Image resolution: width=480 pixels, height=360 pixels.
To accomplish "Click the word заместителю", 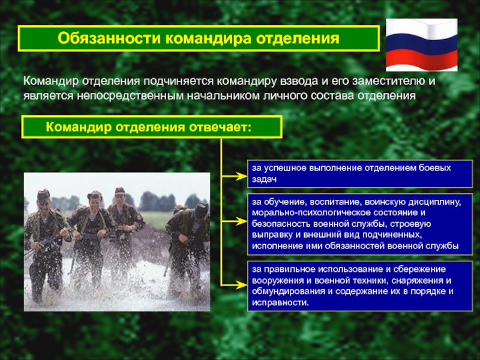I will (393, 80).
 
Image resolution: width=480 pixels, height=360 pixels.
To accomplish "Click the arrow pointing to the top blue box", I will (234, 176).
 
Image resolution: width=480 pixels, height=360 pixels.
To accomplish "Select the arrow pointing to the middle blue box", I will (234, 224).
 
